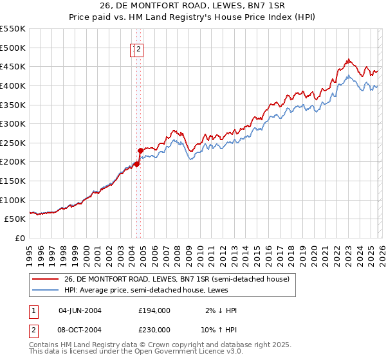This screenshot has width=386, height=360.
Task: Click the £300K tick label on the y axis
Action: pyautogui.click(x=12, y=123)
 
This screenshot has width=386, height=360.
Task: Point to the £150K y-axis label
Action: pyautogui.click(x=12, y=181)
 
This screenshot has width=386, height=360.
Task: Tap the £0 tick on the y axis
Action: pyautogui.click(x=20, y=238)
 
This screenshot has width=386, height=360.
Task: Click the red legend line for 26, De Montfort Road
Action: pyautogui.click(x=46, y=279)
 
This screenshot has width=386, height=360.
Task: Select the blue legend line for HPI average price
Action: pyautogui.click(x=46, y=290)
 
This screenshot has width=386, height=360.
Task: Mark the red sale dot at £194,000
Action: pyautogui.click(x=136, y=164)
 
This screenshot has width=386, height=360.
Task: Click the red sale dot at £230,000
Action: pyautogui.click(x=140, y=150)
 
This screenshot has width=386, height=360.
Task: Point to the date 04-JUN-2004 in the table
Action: pyautogui.click(x=80, y=310)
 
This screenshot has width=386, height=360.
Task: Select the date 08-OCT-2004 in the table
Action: pyautogui.click(x=80, y=329)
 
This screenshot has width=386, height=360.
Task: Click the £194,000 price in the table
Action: pyautogui.click(x=154, y=310)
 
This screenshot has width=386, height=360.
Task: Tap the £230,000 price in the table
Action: pyautogui.click(x=154, y=329)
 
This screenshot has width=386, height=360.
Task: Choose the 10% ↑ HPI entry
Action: pyautogui.click(x=219, y=329)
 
